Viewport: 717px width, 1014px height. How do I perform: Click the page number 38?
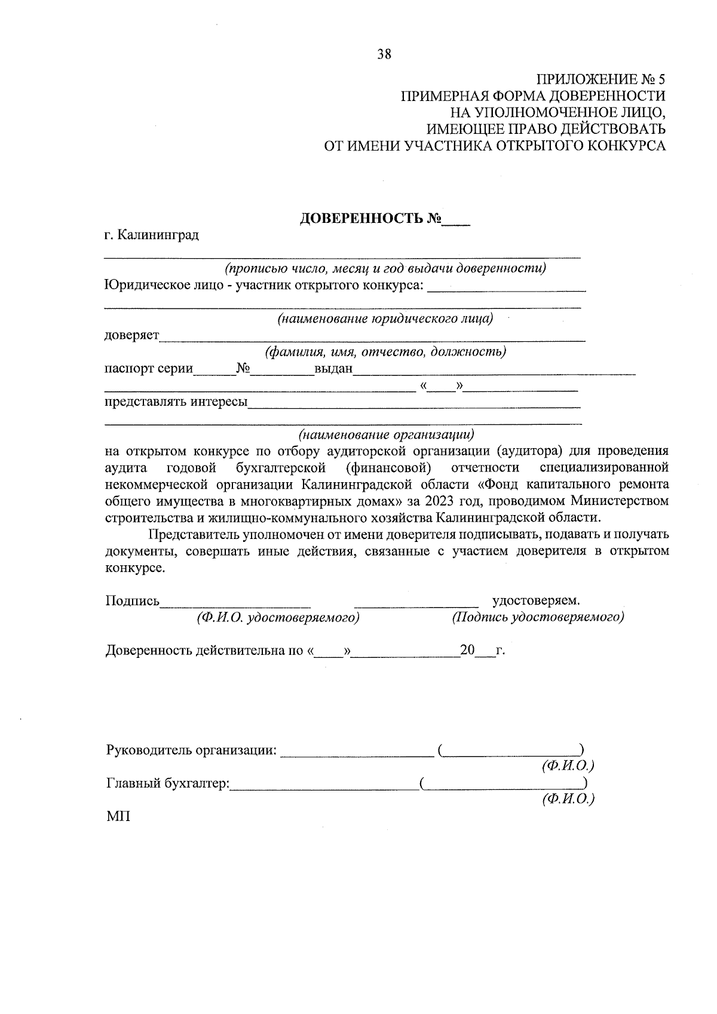[x=384, y=54]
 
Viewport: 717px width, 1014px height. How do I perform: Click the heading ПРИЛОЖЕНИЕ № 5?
[x=600, y=79]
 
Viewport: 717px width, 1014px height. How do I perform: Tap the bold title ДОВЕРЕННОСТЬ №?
[x=370, y=219]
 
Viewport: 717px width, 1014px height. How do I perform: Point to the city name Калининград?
[x=158, y=235]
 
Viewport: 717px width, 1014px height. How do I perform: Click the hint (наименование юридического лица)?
[x=385, y=319]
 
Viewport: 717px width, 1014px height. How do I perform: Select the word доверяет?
[x=132, y=335]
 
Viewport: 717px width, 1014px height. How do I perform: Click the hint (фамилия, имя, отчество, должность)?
[x=386, y=352]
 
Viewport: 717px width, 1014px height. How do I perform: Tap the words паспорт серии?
[x=149, y=368]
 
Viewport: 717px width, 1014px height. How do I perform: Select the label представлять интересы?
[x=176, y=402]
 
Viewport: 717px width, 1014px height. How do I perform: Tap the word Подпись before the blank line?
[x=132, y=601]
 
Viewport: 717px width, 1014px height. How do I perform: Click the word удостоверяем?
[x=536, y=601]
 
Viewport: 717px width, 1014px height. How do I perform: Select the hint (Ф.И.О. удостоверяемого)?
[x=278, y=618]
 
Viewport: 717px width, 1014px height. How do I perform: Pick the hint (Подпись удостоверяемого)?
[x=538, y=618]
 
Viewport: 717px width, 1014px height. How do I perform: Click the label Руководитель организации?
[x=191, y=750]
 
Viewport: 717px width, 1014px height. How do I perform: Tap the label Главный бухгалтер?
[x=168, y=783]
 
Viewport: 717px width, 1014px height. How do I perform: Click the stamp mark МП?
[x=118, y=816]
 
